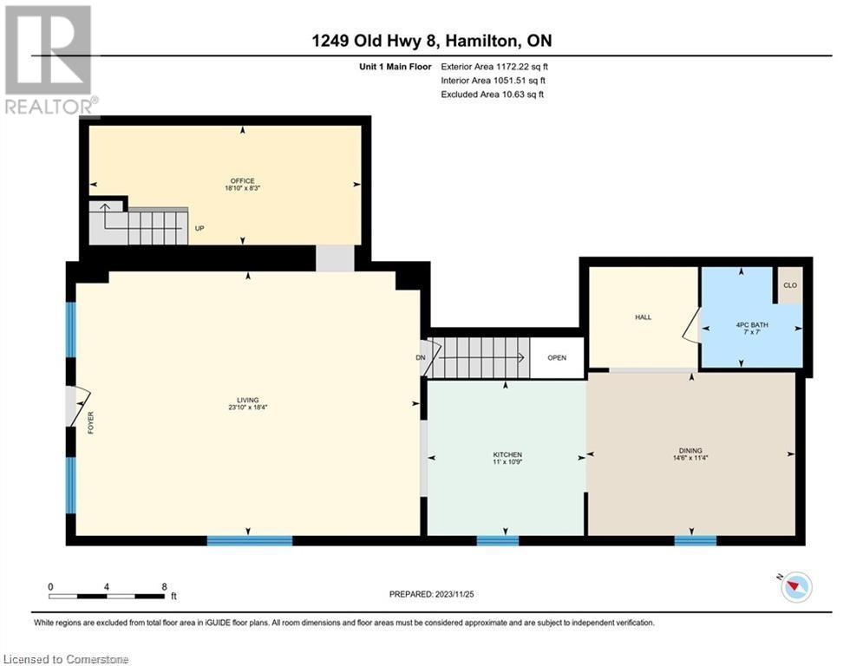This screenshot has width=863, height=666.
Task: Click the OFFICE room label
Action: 242,180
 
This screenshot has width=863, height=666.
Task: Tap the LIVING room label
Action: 248,400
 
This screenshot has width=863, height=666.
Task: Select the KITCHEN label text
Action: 507,454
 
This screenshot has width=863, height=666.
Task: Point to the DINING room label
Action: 690,450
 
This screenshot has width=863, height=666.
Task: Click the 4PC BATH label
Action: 752,324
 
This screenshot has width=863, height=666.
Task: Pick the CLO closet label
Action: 790,285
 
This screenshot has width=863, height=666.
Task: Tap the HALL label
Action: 643,317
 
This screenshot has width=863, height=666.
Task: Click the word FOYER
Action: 91,422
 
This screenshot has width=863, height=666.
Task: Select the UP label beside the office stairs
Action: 199,228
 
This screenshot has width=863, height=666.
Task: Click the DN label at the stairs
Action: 421,358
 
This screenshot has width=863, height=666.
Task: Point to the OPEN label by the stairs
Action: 557,358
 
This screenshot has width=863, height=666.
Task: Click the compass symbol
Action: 796,586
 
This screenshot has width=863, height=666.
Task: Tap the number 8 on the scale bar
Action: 164,587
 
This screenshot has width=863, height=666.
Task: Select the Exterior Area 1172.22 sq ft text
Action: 494,67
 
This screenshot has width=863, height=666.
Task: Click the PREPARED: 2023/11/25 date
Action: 432,594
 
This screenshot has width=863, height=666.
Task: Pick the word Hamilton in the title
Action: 481,41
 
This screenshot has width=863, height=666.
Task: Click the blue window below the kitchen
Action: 498,540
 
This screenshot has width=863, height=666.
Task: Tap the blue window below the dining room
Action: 696,540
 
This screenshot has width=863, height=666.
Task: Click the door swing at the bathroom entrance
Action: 691,326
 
